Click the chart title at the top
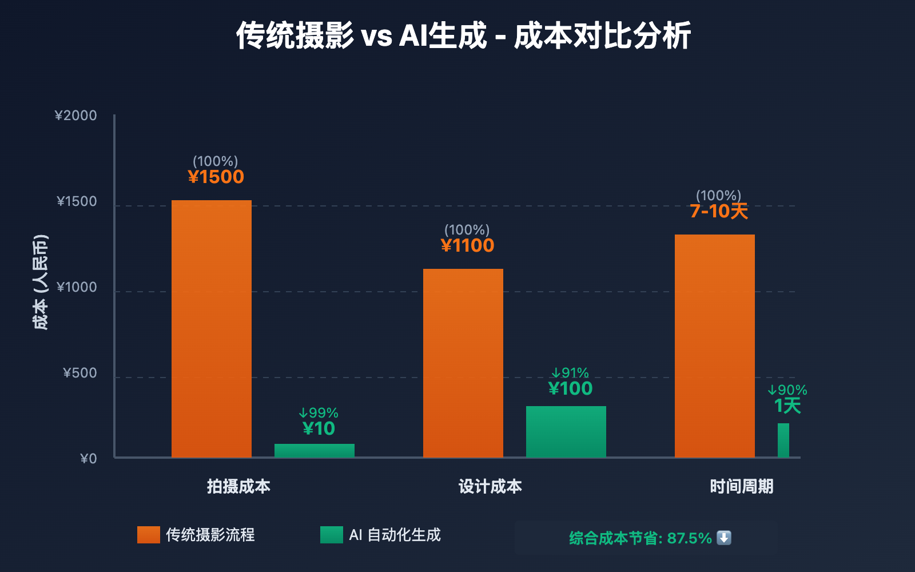pyautogui.click(x=463, y=35)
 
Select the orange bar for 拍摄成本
pyautogui.click(x=212, y=329)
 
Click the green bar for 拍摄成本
pyautogui.click(x=315, y=451)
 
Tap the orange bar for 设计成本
pyautogui.click(x=463, y=363)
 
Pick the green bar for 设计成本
pyautogui.click(x=566, y=432)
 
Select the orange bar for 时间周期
pyautogui.click(x=715, y=346)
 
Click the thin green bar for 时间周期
pyautogui.click(x=783, y=440)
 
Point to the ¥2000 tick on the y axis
pyautogui.click(x=76, y=116)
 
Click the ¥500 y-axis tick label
pyautogui.click(x=80, y=373)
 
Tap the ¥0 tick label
pyautogui.click(x=89, y=459)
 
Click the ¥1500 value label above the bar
pyautogui.click(x=216, y=177)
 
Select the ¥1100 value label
pyautogui.click(x=468, y=245)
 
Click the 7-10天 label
pyautogui.click(x=719, y=211)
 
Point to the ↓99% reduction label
pyautogui.click(x=319, y=413)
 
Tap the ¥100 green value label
pyautogui.click(x=570, y=388)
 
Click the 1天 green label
pyautogui.click(x=787, y=406)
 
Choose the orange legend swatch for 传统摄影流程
pyautogui.click(x=149, y=535)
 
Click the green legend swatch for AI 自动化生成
pyautogui.click(x=332, y=535)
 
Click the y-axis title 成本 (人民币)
pyautogui.click(x=40, y=282)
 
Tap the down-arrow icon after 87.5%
pyautogui.click(x=724, y=538)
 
